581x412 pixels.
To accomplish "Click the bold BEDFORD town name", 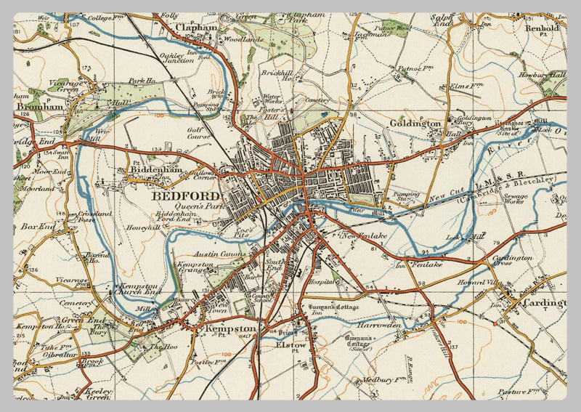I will click(186, 196).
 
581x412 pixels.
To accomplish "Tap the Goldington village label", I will click(415, 124).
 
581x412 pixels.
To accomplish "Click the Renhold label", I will click(542, 28).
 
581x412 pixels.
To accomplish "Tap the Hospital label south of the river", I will click(320, 280).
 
